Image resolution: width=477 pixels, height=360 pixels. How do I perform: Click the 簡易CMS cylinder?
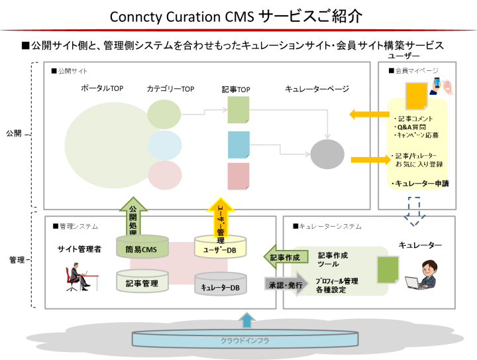click(142, 249)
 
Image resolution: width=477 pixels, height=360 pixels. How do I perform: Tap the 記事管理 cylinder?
click(142, 283)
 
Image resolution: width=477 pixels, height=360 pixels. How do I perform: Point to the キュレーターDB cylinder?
click(220, 286)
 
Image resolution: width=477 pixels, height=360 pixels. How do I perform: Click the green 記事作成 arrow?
click(286, 257)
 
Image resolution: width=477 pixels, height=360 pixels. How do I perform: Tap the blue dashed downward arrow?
click(413, 211)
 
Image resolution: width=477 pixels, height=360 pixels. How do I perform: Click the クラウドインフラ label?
click(244, 340)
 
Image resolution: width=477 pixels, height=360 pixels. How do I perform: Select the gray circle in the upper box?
click(327, 154)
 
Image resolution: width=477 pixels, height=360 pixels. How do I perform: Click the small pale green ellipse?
click(164, 114)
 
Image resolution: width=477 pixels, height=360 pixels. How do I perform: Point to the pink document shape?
click(238, 176)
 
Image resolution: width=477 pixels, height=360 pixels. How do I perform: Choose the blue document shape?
click(238, 145)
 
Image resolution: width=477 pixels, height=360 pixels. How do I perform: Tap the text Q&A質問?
click(410, 127)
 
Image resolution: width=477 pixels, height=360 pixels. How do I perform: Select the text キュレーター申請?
click(419, 183)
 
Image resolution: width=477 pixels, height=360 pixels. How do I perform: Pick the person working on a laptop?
click(421, 275)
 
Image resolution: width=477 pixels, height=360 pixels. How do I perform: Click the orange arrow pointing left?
click(368, 115)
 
